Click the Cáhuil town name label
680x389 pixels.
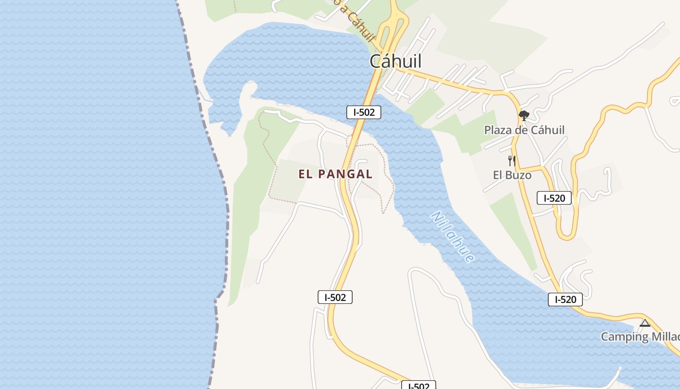(x=395, y=61)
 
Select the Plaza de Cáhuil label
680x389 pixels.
(x=524, y=130)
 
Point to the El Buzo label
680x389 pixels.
(x=512, y=175)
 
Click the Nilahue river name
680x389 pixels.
(x=452, y=237)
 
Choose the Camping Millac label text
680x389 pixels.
(x=640, y=336)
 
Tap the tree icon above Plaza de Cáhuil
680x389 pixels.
(x=524, y=116)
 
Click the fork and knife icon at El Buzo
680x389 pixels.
(x=511, y=160)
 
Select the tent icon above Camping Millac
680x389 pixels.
(x=645, y=323)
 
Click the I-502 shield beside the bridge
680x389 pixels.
(x=364, y=112)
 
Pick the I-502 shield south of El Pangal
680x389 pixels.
(x=335, y=297)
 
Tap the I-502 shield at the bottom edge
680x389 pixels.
(x=418, y=386)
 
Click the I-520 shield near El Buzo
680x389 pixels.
(x=554, y=198)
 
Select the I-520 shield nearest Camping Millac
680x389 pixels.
(x=565, y=300)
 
